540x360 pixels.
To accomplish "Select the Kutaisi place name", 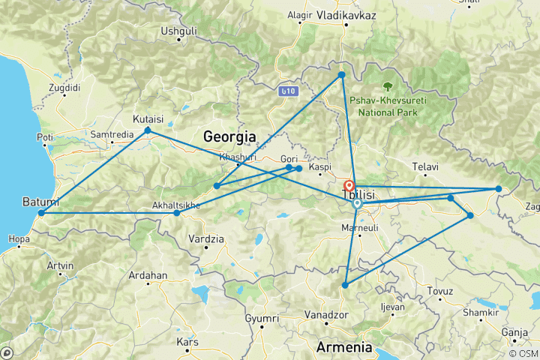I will tap(148, 118).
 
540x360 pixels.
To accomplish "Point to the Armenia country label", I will tap(345, 346).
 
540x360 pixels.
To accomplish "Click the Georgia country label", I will tap(229, 136).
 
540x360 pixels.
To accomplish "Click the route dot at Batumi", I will tap(41, 213).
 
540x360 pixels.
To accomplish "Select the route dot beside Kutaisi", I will tap(148, 130).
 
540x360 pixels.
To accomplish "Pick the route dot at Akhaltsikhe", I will tap(177, 213).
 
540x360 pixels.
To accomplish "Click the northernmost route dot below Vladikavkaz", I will tap(341, 75).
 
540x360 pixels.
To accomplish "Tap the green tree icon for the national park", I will tap(388, 88).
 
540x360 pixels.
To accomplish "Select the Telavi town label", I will tap(426, 166).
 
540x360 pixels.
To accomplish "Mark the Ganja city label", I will tap(514, 331).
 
